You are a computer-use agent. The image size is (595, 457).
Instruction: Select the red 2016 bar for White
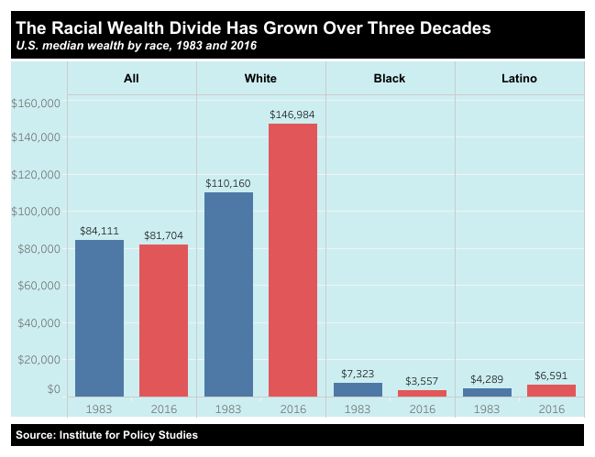[292, 260]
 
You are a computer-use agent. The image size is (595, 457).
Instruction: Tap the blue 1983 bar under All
[99, 318]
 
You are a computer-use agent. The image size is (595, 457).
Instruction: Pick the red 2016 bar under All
[163, 320]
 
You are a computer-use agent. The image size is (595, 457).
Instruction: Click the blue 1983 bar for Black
[358, 389]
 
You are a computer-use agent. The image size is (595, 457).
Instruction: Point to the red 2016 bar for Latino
[551, 390]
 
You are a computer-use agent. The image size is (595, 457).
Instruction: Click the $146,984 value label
[292, 114]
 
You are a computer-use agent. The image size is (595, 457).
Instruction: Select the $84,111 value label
[99, 231]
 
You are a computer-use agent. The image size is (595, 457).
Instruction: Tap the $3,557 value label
[422, 380]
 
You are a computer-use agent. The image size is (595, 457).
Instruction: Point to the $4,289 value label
[487, 378]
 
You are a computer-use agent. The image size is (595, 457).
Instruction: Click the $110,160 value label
[229, 183]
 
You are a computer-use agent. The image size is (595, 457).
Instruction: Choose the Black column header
[390, 79]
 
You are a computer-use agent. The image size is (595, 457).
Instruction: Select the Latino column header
[519, 79]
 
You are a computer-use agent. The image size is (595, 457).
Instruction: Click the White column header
[260, 79]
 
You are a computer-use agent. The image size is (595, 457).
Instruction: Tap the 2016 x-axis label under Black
[422, 408]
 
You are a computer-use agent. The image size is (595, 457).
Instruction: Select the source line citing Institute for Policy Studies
[106, 435]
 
